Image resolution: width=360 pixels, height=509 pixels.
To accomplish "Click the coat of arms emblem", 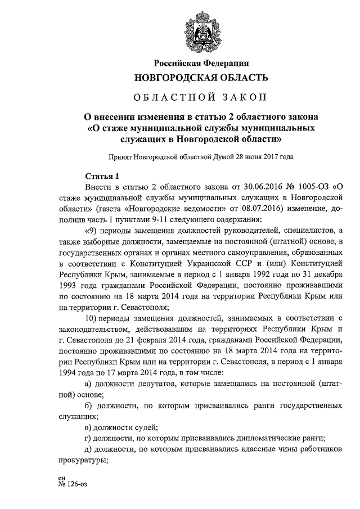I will [202, 31].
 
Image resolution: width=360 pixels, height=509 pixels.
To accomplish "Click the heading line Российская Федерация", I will [201, 62].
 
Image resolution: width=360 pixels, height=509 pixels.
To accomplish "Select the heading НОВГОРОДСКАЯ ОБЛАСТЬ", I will [201, 77].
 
